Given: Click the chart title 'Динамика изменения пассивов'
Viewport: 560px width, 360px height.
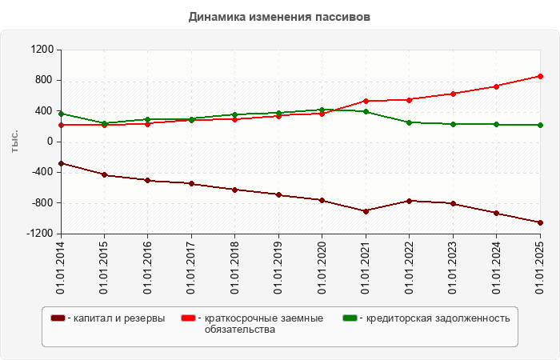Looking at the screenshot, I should pyautogui.click(x=280, y=17).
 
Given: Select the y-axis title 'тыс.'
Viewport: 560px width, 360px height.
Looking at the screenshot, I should pyautogui.click(x=14, y=142).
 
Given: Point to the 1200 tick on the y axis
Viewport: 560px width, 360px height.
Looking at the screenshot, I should pyautogui.click(x=42, y=50).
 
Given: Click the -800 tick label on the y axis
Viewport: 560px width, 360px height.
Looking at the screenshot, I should pyautogui.click(x=41, y=203).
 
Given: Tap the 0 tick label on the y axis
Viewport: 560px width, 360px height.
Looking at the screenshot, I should pyautogui.click(x=50, y=142).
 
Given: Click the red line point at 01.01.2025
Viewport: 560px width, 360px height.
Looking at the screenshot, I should pyautogui.click(x=540, y=76).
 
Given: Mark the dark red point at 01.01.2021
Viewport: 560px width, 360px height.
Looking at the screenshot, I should pyautogui.click(x=366, y=211).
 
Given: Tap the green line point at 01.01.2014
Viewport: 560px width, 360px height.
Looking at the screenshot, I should pyautogui.click(x=61, y=114).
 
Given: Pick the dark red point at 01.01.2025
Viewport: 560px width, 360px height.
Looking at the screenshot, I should pyautogui.click(x=540, y=222).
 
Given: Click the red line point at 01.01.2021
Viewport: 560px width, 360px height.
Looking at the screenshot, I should pyautogui.click(x=366, y=101).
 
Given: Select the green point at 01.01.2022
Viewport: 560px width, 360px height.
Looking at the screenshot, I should pyautogui.click(x=409, y=122).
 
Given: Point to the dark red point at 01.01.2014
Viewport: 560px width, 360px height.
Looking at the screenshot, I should pyautogui.click(x=61, y=163).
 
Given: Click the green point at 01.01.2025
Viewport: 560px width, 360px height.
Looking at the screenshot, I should pyautogui.click(x=540, y=125).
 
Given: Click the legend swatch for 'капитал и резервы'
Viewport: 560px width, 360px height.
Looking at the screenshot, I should pyautogui.click(x=58, y=318).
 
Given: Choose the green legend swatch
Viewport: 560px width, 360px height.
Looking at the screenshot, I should pyautogui.click(x=350, y=318).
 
